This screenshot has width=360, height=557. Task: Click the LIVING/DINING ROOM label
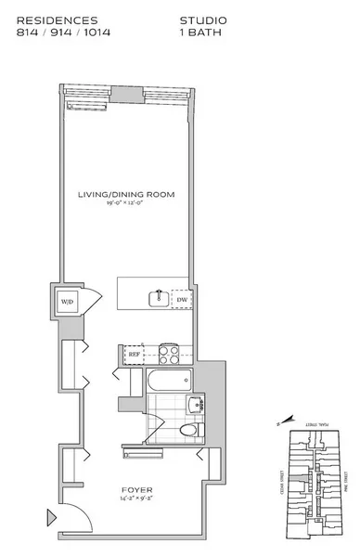click(127, 194)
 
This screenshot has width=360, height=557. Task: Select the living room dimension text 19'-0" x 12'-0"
click(127, 203)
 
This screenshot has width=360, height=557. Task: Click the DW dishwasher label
click(182, 299)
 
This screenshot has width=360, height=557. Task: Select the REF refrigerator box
click(133, 354)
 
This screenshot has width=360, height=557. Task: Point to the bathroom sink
click(196, 406)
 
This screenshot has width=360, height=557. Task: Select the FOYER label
click(136, 488)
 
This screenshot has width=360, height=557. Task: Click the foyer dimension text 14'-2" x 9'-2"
click(136, 499)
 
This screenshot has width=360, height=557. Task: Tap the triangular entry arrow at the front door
click(50, 517)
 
